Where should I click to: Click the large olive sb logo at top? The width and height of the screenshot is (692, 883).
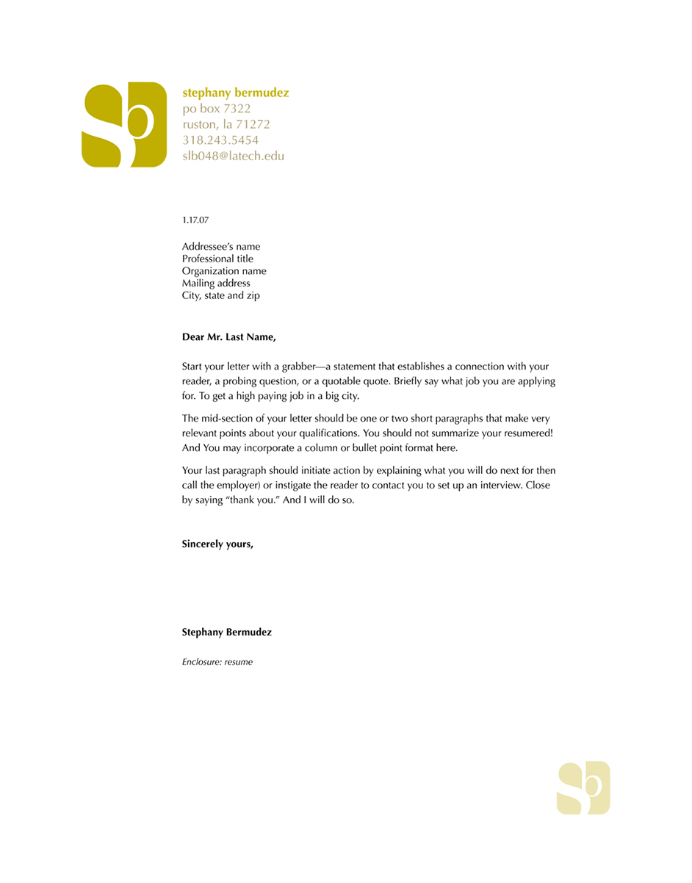(x=124, y=125)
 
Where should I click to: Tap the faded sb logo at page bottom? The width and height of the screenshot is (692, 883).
(x=583, y=788)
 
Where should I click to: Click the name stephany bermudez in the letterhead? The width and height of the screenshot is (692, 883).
(x=235, y=93)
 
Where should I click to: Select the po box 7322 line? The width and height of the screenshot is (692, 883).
(x=217, y=109)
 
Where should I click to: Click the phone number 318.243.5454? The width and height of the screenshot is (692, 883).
(x=220, y=140)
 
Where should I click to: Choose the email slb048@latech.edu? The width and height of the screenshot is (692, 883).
(x=233, y=156)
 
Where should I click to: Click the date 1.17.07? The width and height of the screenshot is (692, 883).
(x=195, y=220)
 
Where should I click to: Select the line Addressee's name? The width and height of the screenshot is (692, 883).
(x=220, y=247)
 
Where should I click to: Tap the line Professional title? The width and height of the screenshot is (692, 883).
(x=217, y=259)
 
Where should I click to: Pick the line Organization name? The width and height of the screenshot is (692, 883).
(x=224, y=271)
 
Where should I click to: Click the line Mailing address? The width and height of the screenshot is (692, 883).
(x=216, y=283)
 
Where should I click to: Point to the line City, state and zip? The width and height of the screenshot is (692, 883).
(x=220, y=295)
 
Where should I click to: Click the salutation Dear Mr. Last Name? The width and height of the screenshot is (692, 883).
(x=229, y=337)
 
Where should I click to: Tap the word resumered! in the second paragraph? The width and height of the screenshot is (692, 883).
(x=527, y=433)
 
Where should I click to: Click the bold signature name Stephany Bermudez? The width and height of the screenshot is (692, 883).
(x=226, y=632)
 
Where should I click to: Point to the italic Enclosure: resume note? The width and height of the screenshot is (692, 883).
(x=217, y=662)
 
